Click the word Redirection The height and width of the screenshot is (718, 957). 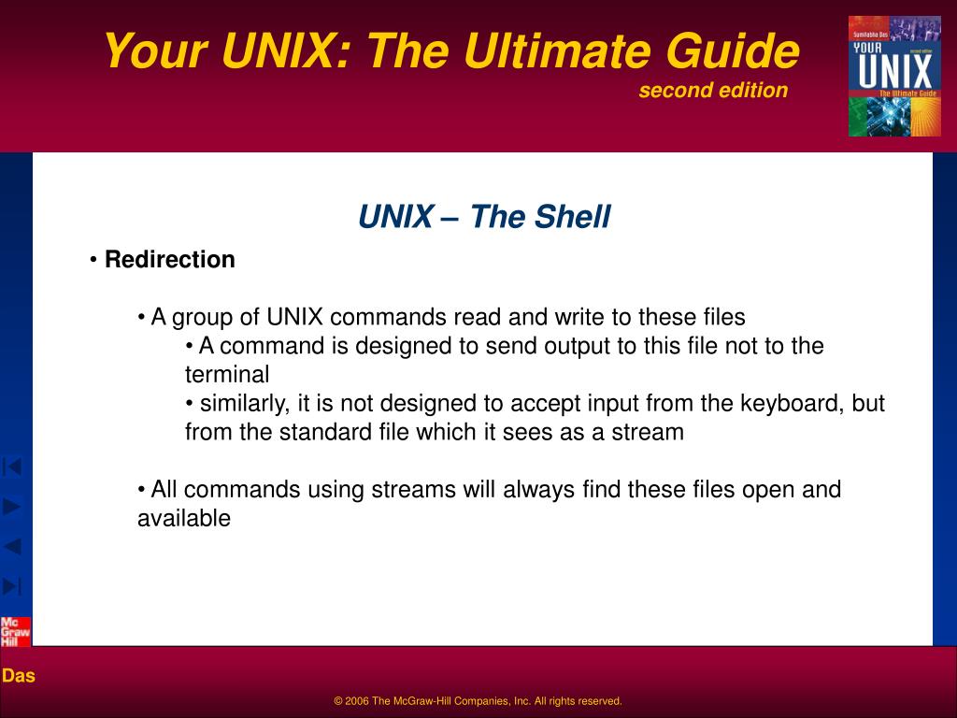tap(169, 260)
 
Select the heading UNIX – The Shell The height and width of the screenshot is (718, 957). tap(483, 217)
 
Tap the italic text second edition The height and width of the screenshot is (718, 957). tap(713, 90)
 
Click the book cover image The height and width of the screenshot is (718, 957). tap(893, 76)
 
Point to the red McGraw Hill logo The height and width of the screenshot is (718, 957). tap(15, 632)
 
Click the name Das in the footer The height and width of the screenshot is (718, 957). tap(18, 675)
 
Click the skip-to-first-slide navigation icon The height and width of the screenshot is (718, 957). tap(13, 466)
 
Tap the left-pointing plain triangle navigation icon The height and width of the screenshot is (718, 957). tap(13, 546)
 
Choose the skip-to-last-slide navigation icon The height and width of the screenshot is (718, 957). tap(13, 586)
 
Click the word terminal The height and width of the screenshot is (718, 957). tap(226, 375)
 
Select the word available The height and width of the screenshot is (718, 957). tap(184, 519)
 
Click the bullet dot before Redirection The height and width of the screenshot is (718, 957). tap(94, 260)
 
